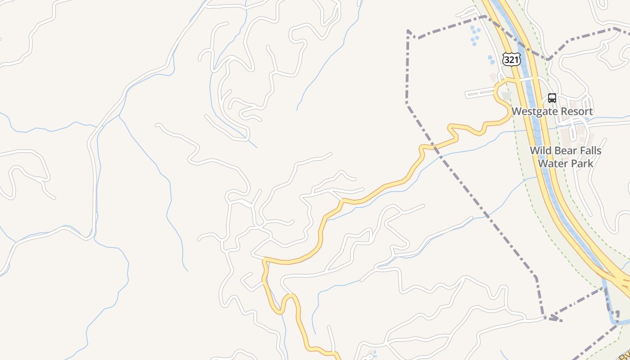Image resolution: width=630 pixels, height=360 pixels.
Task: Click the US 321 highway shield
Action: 512,59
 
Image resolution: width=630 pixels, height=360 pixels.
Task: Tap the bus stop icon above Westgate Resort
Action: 552,98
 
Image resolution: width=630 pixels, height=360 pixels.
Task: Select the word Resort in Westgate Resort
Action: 577,111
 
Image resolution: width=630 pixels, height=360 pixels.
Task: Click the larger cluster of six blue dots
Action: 475,35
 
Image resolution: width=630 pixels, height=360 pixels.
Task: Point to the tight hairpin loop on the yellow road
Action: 288,299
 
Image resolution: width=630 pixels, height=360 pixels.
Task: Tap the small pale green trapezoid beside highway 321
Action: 507,96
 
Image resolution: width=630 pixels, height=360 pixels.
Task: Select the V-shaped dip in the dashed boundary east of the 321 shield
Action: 548,59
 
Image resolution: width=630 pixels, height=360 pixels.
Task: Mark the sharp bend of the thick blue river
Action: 615,320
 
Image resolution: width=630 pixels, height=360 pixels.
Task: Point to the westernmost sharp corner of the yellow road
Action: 264,259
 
